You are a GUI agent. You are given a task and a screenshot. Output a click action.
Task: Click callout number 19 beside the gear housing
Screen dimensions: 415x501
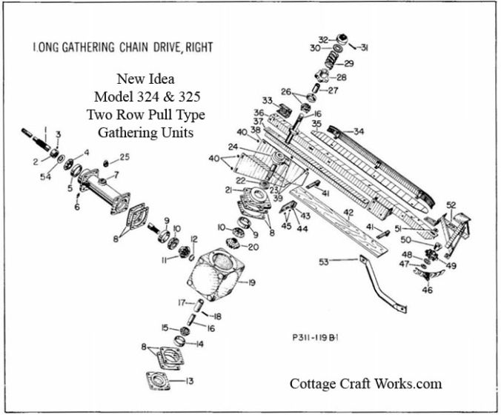click(252, 282)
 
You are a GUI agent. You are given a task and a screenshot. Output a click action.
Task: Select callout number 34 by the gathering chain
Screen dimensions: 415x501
click(359, 132)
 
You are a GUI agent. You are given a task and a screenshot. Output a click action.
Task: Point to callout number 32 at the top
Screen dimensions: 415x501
click(323, 39)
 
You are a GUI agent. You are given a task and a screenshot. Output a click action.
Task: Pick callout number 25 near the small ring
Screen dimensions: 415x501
click(125, 157)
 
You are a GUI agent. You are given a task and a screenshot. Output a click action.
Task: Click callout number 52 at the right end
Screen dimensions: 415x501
click(451, 204)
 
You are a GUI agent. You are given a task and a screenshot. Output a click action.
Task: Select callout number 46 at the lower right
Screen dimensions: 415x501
click(427, 290)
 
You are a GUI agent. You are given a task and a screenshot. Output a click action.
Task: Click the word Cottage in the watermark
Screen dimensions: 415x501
click(312, 383)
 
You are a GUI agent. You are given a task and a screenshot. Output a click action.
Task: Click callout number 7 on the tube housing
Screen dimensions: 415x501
click(114, 175)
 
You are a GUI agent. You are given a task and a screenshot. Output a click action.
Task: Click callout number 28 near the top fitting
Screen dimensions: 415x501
click(342, 77)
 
